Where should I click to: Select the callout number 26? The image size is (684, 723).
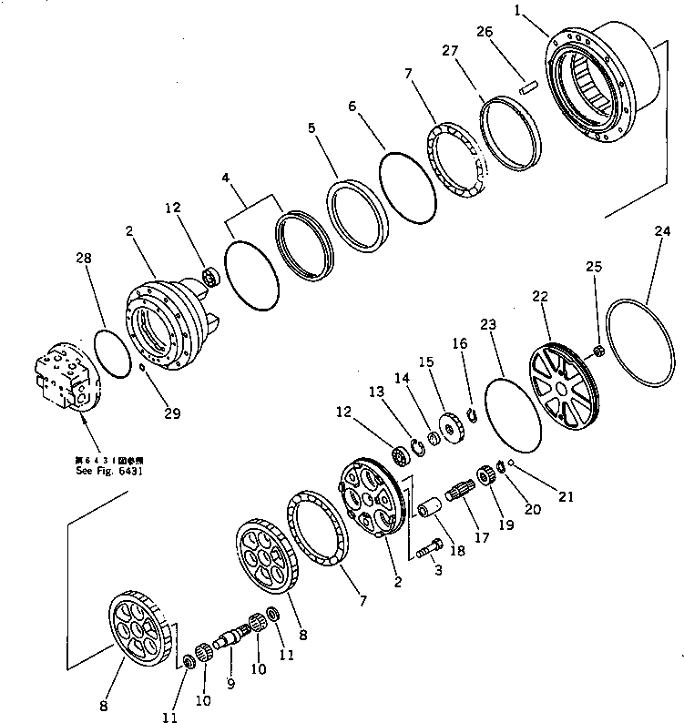point(485,32)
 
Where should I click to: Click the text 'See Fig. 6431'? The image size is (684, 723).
point(107,472)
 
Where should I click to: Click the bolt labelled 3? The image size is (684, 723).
point(429,548)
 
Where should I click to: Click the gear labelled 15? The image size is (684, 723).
point(447,428)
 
